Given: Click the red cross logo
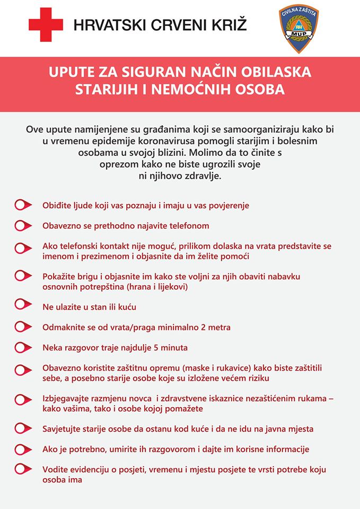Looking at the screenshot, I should (x=46, y=25).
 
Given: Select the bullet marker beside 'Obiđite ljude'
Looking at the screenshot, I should (x=22, y=205).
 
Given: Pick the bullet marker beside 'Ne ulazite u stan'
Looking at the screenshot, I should (x=22, y=304).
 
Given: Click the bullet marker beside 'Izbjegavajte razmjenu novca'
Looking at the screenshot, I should (x=22, y=399).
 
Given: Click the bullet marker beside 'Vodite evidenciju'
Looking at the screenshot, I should (x=22, y=469).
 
